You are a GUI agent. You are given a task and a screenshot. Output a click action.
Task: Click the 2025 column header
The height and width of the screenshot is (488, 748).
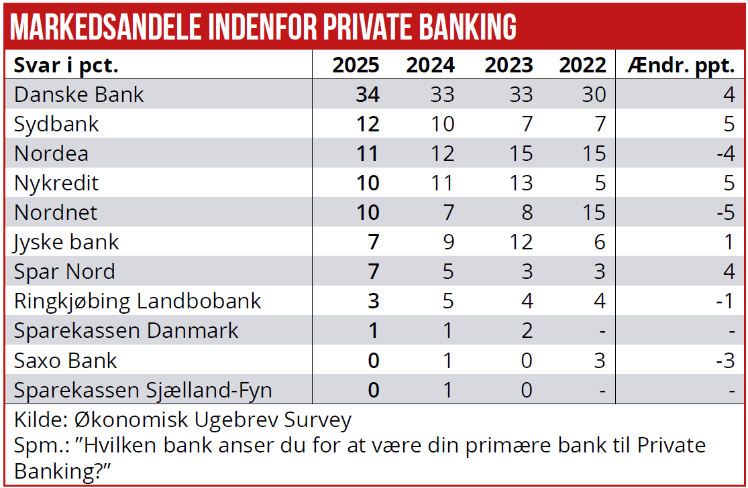(356, 65)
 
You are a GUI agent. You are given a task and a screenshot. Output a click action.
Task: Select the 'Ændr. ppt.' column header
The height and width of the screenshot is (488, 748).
(682, 66)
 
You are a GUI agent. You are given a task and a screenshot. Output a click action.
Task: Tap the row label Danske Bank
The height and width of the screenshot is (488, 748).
(79, 95)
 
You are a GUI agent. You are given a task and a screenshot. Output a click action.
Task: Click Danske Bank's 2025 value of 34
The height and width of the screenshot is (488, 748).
(367, 95)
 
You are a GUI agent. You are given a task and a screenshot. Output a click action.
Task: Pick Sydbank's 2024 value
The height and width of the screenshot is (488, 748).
(442, 124)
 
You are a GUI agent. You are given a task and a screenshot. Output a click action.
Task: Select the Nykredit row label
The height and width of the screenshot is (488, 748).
(56, 183)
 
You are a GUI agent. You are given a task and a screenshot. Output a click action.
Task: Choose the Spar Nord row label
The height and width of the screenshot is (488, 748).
(64, 271)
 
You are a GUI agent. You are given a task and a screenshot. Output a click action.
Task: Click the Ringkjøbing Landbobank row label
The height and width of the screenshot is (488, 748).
(138, 301)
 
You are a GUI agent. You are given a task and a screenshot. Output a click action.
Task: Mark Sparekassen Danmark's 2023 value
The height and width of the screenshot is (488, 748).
(527, 330)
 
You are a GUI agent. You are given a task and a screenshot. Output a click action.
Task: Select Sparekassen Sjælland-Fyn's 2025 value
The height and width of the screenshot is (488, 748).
(373, 389)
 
